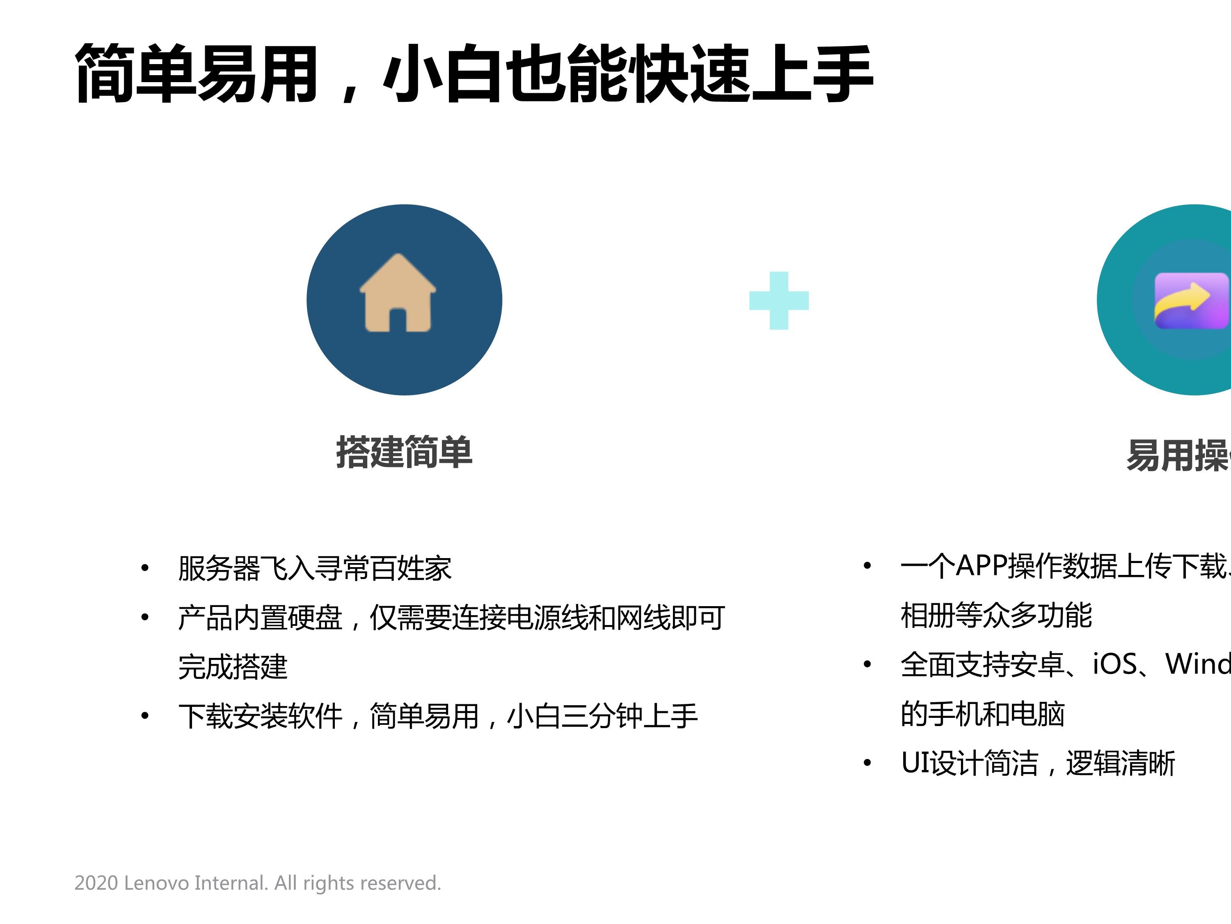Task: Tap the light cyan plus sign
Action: (778, 301)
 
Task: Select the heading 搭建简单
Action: (405, 452)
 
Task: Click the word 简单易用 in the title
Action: (197, 74)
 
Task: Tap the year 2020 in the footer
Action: (96, 883)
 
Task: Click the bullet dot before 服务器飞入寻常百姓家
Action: (145, 568)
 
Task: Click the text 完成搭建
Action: (233, 667)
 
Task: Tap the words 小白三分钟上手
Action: (602, 716)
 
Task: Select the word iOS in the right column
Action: (1115, 664)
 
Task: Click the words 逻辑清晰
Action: (1120, 763)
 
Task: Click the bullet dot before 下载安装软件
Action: (145, 716)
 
